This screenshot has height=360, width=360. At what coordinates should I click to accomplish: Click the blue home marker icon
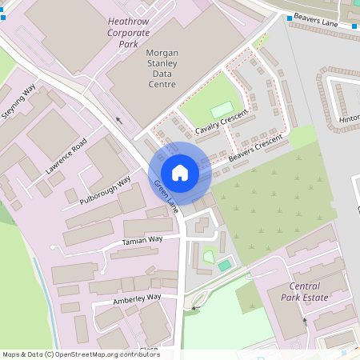[180, 172]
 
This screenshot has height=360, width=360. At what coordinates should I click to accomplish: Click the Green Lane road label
[166, 197]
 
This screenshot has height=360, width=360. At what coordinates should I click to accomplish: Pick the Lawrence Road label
[66, 157]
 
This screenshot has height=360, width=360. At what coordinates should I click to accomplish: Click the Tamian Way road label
[142, 240]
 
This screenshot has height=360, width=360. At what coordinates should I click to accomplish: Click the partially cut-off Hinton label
[350, 119]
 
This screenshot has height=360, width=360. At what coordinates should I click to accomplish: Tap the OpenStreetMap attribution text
[81, 354]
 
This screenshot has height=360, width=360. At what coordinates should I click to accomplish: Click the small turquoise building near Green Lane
[225, 265]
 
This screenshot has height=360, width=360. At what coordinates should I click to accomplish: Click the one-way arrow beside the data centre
[120, 122]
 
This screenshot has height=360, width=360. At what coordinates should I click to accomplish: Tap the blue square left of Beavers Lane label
[287, 18]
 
